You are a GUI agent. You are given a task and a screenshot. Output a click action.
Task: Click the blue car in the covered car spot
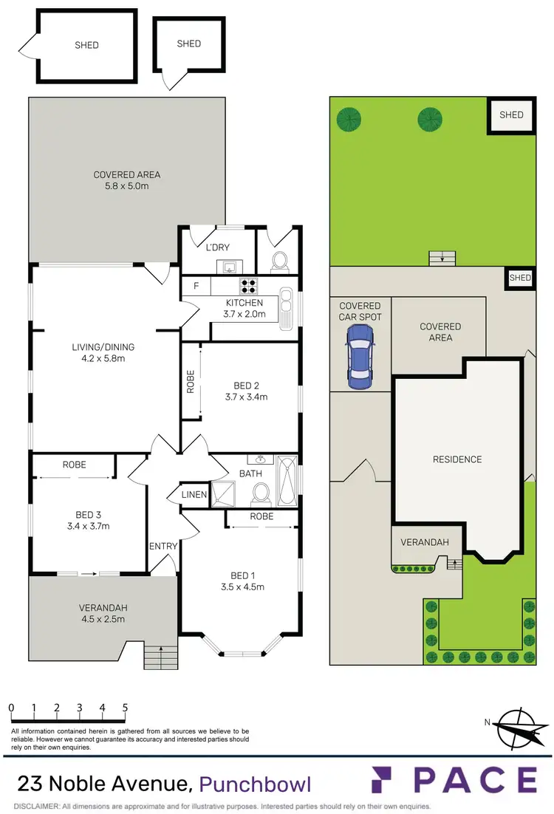point(360,354)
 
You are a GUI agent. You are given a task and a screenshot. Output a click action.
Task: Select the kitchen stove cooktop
point(247,284)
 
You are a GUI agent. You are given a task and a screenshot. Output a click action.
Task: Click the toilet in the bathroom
point(260,491)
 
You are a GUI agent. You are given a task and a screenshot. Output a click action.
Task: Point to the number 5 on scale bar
point(125,708)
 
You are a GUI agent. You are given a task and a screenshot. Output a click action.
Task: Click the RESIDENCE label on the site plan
point(456,459)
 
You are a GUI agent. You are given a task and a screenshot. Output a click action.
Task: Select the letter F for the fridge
point(196,285)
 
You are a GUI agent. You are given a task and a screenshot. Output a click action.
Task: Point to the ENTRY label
point(163,546)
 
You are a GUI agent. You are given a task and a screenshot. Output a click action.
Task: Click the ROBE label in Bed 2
point(191,381)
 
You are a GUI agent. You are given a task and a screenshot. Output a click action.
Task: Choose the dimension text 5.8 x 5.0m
point(126,186)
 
